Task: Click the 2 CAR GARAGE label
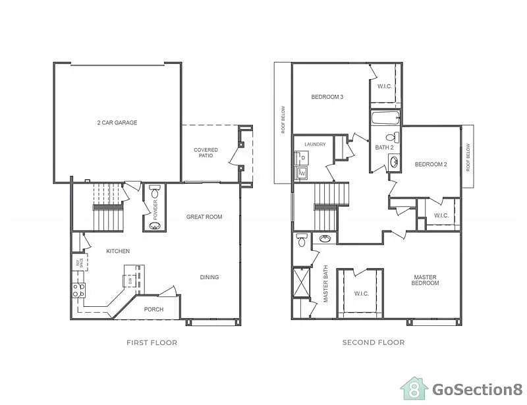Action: [x=117, y=122]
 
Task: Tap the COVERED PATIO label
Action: [x=206, y=153]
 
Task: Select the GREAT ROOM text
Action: [x=204, y=217]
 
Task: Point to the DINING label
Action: [x=209, y=277]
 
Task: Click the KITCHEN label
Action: [x=118, y=251]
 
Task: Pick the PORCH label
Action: [x=153, y=309]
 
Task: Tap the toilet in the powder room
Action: [x=155, y=192]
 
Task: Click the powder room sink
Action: [x=155, y=226]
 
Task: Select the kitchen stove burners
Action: [x=78, y=290]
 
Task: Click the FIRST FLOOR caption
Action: [x=152, y=342]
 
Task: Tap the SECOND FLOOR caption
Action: [x=374, y=342]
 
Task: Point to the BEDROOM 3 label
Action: [x=327, y=97]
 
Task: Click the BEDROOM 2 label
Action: [x=431, y=164]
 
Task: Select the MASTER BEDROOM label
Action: [x=426, y=280]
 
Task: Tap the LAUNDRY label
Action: [x=315, y=144]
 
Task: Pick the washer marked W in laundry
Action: [x=302, y=173]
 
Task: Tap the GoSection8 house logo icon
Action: [x=414, y=388]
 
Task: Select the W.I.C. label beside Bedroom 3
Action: [x=385, y=86]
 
